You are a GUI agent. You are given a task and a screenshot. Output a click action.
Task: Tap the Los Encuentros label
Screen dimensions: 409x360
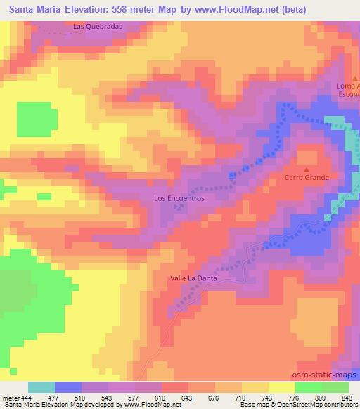point(179,198)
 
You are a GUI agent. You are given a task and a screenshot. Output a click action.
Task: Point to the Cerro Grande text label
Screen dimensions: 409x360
point(307,177)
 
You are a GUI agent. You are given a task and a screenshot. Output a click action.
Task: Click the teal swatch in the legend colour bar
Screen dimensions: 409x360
point(41,387)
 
